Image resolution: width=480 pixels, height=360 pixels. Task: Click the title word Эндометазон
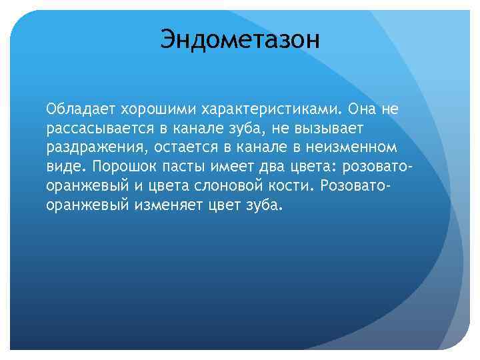240,39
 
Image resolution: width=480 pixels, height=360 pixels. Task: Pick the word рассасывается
94,128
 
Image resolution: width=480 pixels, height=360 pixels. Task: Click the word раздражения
89,147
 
